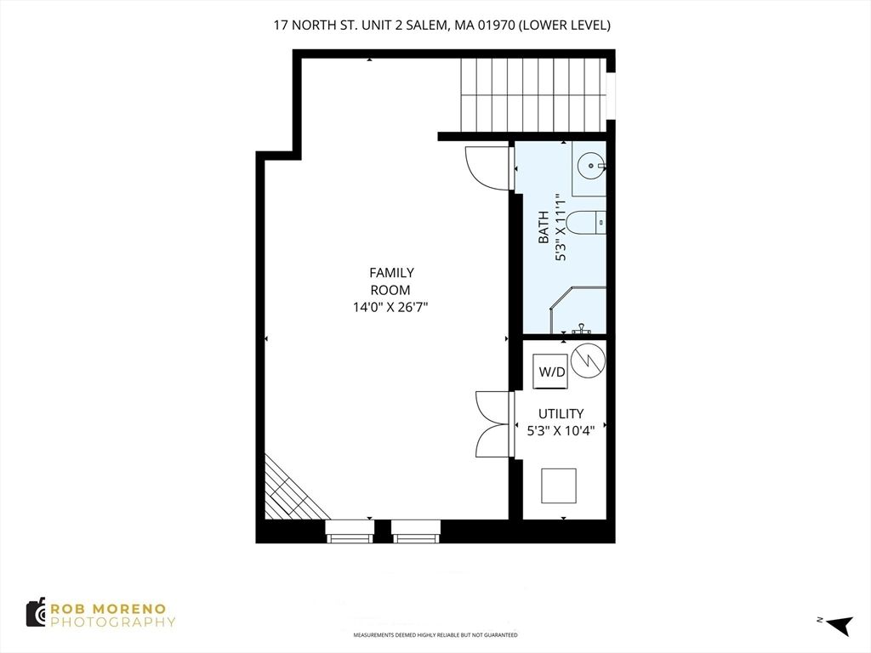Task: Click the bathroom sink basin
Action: coord(590,165)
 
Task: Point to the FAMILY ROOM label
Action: coord(391,281)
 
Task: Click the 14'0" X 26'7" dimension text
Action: coord(391,307)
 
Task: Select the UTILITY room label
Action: coord(561,414)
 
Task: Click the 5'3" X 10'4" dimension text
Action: coord(561,430)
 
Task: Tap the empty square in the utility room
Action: coord(558,485)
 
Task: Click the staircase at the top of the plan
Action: coord(533,95)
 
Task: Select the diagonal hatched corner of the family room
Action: coord(289,491)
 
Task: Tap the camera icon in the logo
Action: coord(36,613)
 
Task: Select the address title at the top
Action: coord(441,26)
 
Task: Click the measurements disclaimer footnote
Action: coord(435,635)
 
